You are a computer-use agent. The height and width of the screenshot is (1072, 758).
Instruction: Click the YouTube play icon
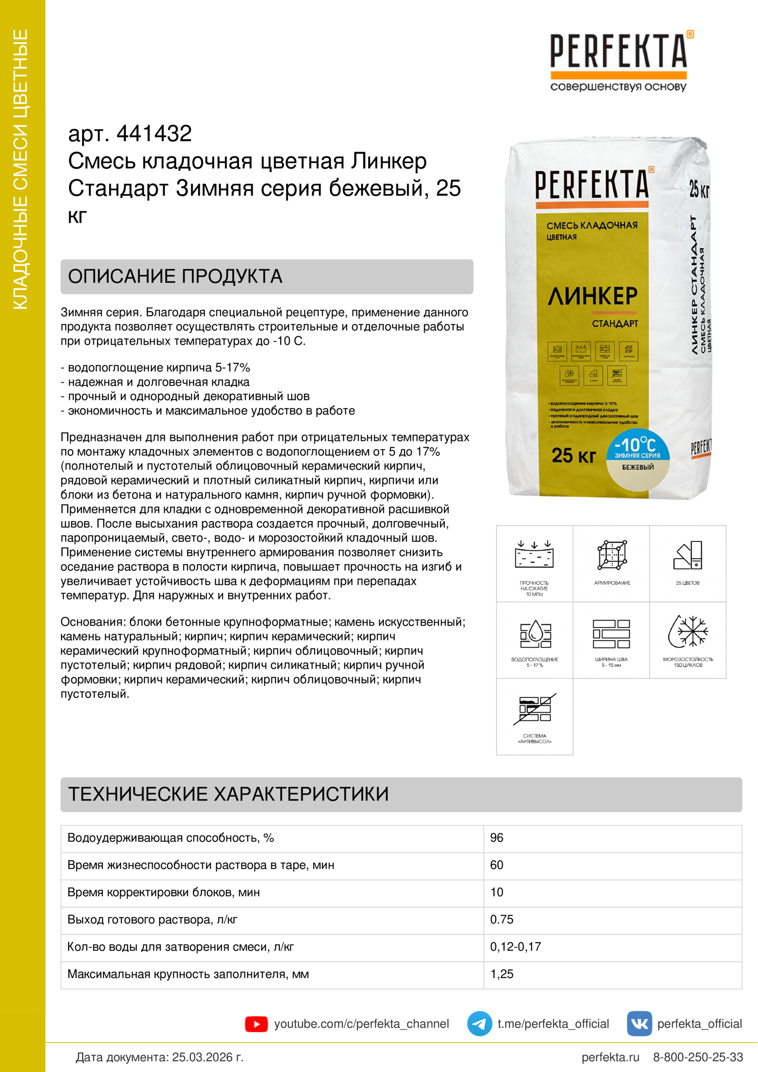(256, 1024)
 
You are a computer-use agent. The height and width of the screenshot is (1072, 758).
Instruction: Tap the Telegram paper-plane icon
(479, 1023)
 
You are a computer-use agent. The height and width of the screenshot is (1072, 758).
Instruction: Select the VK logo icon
(639, 1023)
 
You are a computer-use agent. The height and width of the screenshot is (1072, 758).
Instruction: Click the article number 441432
(154, 133)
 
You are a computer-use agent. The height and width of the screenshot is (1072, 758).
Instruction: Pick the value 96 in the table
(497, 838)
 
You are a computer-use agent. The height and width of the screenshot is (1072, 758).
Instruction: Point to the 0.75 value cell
(502, 919)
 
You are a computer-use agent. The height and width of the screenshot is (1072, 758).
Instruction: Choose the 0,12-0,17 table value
(515, 946)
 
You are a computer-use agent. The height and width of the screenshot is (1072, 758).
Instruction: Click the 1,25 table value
(502, 974)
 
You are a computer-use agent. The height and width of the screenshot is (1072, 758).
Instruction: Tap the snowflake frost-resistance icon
(687, 631)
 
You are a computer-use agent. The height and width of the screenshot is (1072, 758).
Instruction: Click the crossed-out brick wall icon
(535, 709)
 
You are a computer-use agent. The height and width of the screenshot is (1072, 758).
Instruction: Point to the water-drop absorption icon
(535, 633)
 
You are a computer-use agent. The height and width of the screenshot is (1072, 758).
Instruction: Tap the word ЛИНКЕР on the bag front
(592, 296)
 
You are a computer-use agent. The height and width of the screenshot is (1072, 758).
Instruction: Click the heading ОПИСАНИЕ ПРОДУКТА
(175, 276)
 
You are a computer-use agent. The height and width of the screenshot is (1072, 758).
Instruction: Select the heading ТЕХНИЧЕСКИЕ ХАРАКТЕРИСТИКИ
(228, 794)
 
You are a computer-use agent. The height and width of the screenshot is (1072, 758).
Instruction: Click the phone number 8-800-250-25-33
(698, 1057)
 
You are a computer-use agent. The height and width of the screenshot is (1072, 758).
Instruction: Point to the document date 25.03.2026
(208, 1057)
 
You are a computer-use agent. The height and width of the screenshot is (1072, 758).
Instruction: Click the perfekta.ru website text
(610, 1057)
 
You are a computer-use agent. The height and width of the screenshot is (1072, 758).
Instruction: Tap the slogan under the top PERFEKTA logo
(618, 87)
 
